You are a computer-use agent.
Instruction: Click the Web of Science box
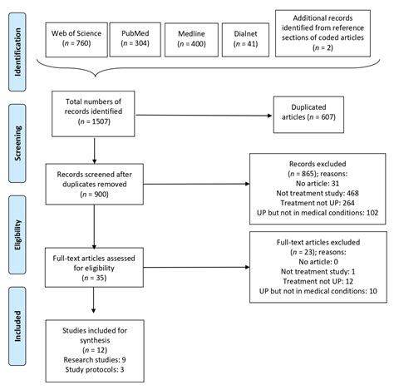[76, 40]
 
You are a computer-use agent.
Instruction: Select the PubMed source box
[135, 40]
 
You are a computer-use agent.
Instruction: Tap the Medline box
[191, 40]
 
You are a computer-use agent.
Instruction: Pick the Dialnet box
[245, 40]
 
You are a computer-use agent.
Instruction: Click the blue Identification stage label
[17, 52]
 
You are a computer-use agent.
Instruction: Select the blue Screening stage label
[17, 143]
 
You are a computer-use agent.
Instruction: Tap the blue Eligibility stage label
[17, 234]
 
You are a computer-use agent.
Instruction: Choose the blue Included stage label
[17, 326]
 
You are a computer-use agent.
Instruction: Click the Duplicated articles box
[308, 115]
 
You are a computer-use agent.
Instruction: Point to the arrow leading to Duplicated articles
[204, 116]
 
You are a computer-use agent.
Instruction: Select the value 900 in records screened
[101, 195]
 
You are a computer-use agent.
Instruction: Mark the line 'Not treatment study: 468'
[318, 193]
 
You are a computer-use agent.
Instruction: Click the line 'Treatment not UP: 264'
[318, 203]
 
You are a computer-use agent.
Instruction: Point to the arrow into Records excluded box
[196, 184]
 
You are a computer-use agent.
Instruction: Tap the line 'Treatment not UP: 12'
[318, 281]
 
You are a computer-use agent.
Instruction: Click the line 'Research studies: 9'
[95, 360]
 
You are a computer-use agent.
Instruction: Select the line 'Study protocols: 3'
[95, 369]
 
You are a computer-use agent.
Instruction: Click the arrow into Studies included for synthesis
[93, 300]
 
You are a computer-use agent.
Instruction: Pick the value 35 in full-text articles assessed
[101, 278]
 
